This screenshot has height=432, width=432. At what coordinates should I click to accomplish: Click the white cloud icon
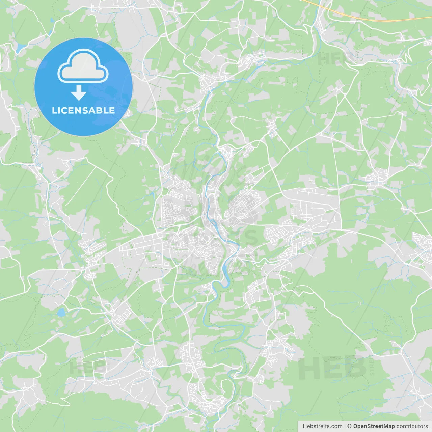pos(83,66)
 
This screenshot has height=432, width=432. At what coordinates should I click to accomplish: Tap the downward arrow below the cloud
pos(79,93)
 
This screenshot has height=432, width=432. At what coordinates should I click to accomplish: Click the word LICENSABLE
pos(83,110)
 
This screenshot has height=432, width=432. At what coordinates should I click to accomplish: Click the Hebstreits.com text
pos(322,426)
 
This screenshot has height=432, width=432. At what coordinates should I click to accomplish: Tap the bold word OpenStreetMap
pos(374,426)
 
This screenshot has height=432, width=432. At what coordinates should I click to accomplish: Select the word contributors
pos(412,426)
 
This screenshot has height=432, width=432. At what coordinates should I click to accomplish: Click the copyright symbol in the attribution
pos(349,426)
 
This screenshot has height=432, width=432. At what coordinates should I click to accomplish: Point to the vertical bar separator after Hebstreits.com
pos(345,426)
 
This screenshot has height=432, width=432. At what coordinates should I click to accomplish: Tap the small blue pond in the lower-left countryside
pos(61,313)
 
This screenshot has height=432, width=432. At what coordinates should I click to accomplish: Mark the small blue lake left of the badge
pos(20,46)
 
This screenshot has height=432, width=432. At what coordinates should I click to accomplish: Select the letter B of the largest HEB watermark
pos(355,368)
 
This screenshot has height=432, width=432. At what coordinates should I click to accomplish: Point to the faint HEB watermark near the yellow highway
pos(332,59)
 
